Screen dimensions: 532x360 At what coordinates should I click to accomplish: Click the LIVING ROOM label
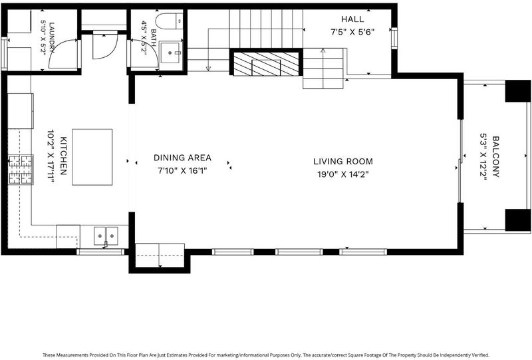pyautogui.click(x=342, y=161)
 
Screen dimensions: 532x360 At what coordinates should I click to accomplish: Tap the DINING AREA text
pyautogui.click(x=182, y=158)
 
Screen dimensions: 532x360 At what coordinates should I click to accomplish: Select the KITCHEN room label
pyautogui.click(x=63, y=156)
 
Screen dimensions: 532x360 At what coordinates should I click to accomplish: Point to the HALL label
pyautogui.click(x=352, y=19)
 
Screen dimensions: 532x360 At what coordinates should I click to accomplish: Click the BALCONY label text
pyautogui.click(x=495, y=156)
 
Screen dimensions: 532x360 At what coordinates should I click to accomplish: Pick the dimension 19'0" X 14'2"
pyautogui.click(x=342, y=174)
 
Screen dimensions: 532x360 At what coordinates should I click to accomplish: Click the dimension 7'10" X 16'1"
pyautogui.click(x=182, y=170)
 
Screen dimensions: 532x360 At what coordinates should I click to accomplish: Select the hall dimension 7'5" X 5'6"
pyautogui.click(x=352, y=32)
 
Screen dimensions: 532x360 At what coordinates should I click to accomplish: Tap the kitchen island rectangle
pyautogui.click(x=92, y=157)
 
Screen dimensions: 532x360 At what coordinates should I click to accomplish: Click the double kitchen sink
pyautogui.click(x=106, y=236)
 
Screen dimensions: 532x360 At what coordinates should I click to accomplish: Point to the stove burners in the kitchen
pyautogui.click(x=21, y=169)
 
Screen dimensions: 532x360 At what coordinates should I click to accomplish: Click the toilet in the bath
pyautogui.click(x=170, y=21)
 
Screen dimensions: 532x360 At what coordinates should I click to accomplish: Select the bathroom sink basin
pyautogui.click(x=171, y=53)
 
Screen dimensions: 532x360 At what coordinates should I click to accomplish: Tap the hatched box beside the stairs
pyautogui.click(x=265, y=63)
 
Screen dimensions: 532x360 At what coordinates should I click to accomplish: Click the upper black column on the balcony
pyautogui.click(x=518, y=91)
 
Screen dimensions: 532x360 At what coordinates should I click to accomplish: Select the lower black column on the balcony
pyautogui.click(x=518, y=220)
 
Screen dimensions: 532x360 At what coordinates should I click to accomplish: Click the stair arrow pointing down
pyautogui.click(x=208, y=50)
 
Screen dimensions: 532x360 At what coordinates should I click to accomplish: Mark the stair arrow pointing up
pyautogui.click(x=323, y=69)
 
